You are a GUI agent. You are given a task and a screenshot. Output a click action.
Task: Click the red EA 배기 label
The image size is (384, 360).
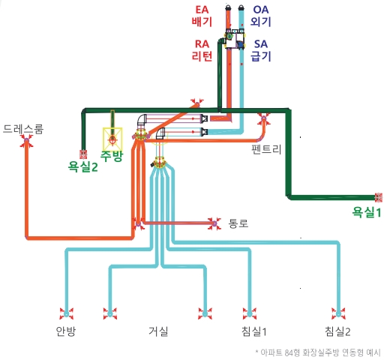[x=202, y=16]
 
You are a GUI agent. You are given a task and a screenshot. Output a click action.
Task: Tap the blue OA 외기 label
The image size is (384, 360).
[x=261, y=16]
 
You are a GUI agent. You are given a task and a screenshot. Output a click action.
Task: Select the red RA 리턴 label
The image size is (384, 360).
[x=202, y=50]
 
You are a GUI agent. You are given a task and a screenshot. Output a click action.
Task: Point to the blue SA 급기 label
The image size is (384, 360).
[x=261, y=50]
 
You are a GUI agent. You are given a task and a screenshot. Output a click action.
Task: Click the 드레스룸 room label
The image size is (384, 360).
[x=23, y=129]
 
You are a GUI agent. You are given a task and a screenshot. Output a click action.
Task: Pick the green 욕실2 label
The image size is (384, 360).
[x=82, y=166]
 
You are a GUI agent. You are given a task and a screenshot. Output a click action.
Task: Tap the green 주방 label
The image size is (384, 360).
[x=112, y=155]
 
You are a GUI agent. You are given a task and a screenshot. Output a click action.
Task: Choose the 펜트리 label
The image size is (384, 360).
[x=266, y=149]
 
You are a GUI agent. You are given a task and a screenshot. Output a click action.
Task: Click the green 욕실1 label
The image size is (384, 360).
[x=367, y=212]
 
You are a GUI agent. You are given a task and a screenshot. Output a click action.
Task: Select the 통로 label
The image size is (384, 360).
[x=238, y=223]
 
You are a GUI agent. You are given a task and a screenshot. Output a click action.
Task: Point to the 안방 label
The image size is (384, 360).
[x=65, y=331]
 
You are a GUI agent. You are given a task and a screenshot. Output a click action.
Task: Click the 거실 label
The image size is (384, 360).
[x=158, y=331]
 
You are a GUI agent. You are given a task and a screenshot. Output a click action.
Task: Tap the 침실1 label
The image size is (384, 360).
[x=254, y=331]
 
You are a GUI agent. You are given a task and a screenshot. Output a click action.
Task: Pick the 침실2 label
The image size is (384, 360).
[x=337, y=331]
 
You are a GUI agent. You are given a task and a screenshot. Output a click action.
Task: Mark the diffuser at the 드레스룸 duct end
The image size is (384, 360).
[x=26, y=141]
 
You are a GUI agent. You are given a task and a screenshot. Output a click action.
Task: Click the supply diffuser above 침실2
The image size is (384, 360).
[x=338, y=313]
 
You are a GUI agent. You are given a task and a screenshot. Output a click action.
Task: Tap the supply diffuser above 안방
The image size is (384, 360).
[x=67, y=313]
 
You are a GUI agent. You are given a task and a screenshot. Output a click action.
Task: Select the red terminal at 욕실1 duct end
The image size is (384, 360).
[x=379, y=197]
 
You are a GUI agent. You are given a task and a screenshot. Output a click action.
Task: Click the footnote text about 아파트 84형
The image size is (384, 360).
[x=317, y=352]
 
